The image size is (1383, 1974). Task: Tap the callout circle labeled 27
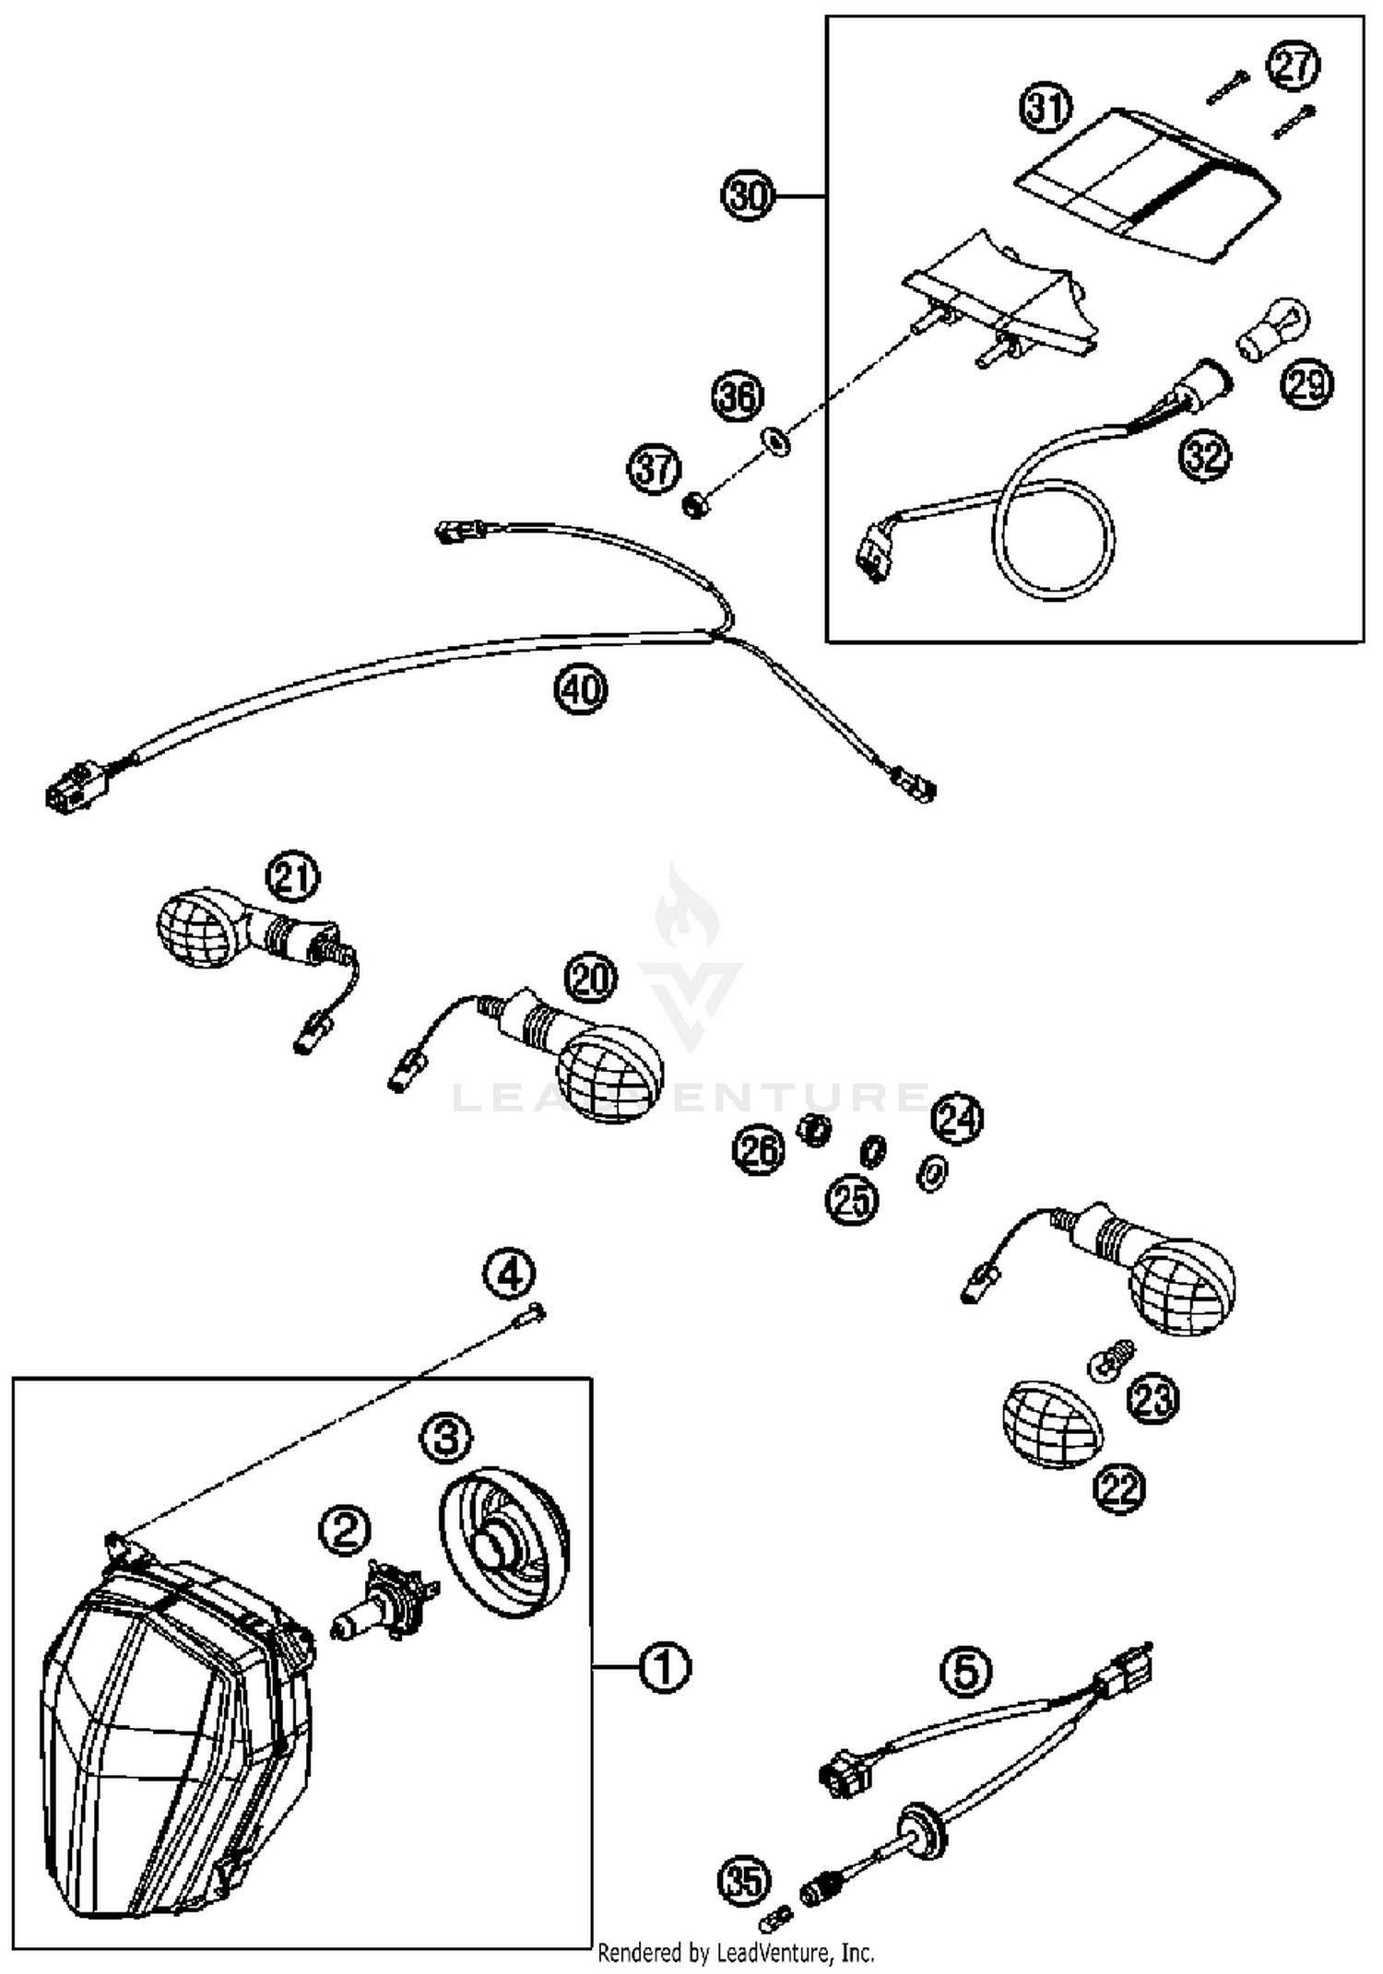coord(1293,65)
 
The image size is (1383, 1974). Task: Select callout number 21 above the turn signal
coord(293,877)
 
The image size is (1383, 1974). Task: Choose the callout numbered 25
coord(852,1200)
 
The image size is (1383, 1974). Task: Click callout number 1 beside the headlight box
coord(664,1667)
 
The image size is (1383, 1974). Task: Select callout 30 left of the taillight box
coord(747,195)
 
